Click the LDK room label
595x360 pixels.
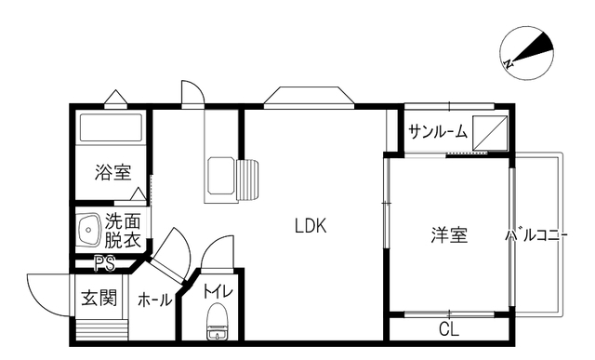[311, 226]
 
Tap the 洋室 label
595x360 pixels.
[449, 234]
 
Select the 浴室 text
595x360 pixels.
[113, 172]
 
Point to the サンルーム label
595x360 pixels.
[438, 132]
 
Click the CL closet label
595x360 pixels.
[449, 329]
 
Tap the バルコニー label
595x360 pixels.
[536, 236]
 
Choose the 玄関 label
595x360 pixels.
[99, 298]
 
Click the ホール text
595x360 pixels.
[154, 300]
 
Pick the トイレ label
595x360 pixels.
[218, 292]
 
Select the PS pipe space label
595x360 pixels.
[105, 264]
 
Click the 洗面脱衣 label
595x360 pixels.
[123, 231]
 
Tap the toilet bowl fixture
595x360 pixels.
[218, 321]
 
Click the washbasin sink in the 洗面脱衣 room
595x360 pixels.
[89, 230]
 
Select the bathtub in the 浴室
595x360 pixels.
[111, 127]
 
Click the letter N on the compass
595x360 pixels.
[509, 64]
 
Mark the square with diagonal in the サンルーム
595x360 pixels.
[490, 133]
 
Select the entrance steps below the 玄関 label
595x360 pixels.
[101, 329]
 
